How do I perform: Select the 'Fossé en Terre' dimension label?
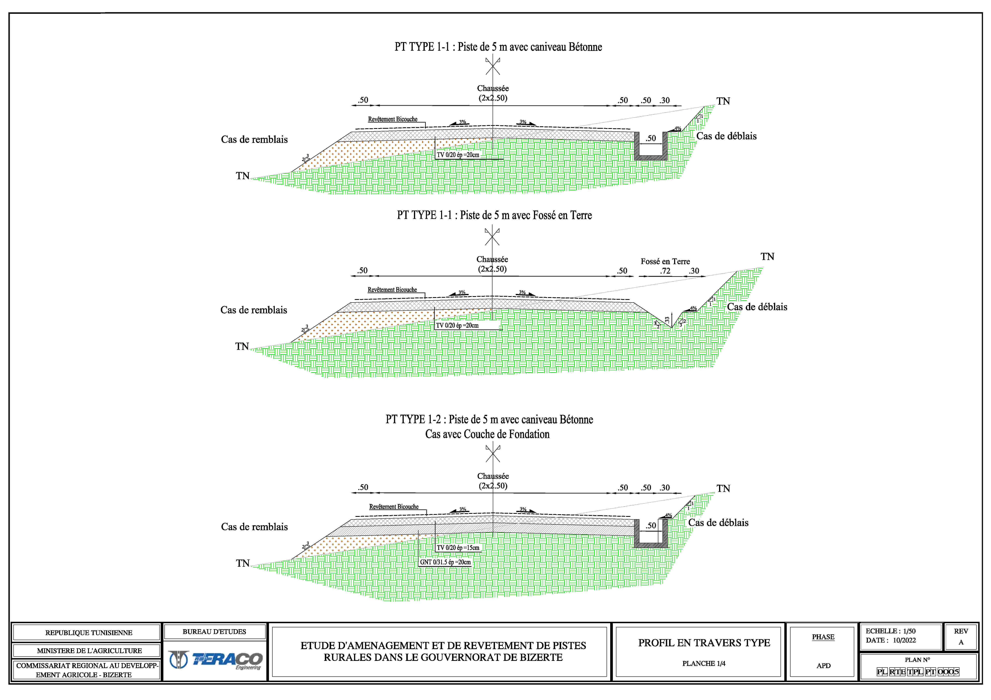pyautogui.click(x=665, y=261)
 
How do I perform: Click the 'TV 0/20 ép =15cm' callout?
pyautogui.click(x=458, y=548)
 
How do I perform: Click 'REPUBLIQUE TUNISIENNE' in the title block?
pyautogui.click(x=88, y=633)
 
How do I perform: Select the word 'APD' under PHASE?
pyautogui.click(x=823, y=665)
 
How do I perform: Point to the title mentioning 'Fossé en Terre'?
pyautogui.click(x=494, y=215)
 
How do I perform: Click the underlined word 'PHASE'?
pyautogui.click(x=823, y=637)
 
